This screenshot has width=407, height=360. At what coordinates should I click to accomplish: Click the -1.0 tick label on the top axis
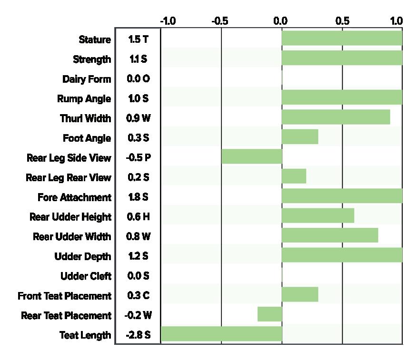pos(168,21)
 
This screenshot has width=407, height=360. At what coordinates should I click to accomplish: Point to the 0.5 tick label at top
pos(342,21)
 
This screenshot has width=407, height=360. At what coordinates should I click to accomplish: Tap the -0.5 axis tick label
pos(220,21)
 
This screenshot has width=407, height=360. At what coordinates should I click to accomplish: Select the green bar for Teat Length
pos(221,334)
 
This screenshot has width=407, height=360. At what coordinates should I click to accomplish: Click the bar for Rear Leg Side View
pos(252,156)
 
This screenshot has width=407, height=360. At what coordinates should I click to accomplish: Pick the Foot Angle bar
pos(300,136)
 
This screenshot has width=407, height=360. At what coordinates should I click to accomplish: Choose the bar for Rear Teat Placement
pos(270,314)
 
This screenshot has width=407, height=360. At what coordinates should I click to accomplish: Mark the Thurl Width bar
pos(336,117)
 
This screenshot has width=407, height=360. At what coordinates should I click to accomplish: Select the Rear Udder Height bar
pos(318,215)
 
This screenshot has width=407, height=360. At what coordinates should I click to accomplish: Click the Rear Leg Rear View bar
pos(294,176)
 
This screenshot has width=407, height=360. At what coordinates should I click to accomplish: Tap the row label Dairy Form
pos(87,79)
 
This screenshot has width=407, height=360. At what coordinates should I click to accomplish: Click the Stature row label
pos(95,39)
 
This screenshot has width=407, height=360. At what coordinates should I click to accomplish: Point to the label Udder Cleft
pos(86,276)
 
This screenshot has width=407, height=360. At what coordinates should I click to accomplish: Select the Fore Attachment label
pos(74,197)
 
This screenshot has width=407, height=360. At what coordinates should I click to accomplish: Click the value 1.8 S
pos(139,197)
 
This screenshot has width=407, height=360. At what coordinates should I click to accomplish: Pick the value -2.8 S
pos(138,335)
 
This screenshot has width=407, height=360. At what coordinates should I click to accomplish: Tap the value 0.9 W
pos(139,118)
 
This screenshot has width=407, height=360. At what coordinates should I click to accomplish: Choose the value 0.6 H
pos(139,216)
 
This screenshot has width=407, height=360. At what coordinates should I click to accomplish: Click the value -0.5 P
pos(139,157)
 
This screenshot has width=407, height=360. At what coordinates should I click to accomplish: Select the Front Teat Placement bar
pos(300,294)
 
